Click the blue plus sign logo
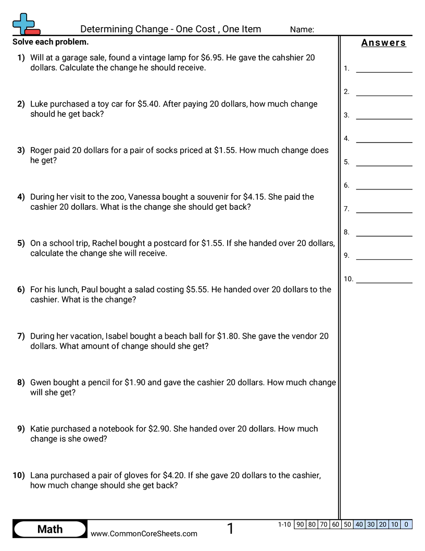click(x=23, y=22)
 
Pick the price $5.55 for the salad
click(x=197, y=290)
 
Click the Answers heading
click(x=383, y=43)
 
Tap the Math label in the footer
click(x=50, y=530)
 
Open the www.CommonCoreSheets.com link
click(x=144, y=534)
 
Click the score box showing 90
click(x=300, y=525)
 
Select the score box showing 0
click(x=406, y=525)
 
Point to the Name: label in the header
click(x=302, y=30)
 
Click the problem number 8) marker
click(x=21, y=382)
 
